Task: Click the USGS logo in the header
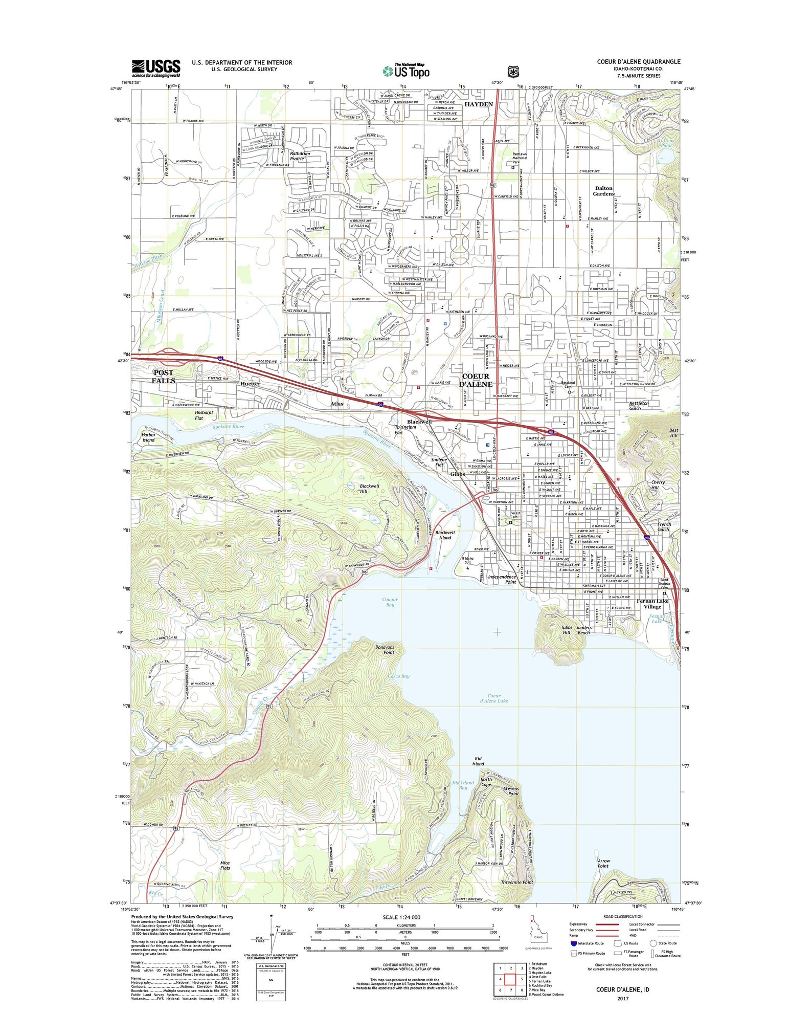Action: (156, 68)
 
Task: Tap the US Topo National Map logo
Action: (407, 71)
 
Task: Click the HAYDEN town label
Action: (479, 104)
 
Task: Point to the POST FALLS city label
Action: (164, 377)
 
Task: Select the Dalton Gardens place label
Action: (603, 191)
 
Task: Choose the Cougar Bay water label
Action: (390, 602)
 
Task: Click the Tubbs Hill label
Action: (567, 630)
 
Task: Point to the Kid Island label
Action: (478, 761)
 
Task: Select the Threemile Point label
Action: (517, 882)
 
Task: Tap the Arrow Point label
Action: (603, 864)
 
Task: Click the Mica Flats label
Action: (225, 865)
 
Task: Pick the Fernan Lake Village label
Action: (652, 604)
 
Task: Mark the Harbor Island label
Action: (148, 437)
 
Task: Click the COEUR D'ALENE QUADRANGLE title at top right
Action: (639, 62)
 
